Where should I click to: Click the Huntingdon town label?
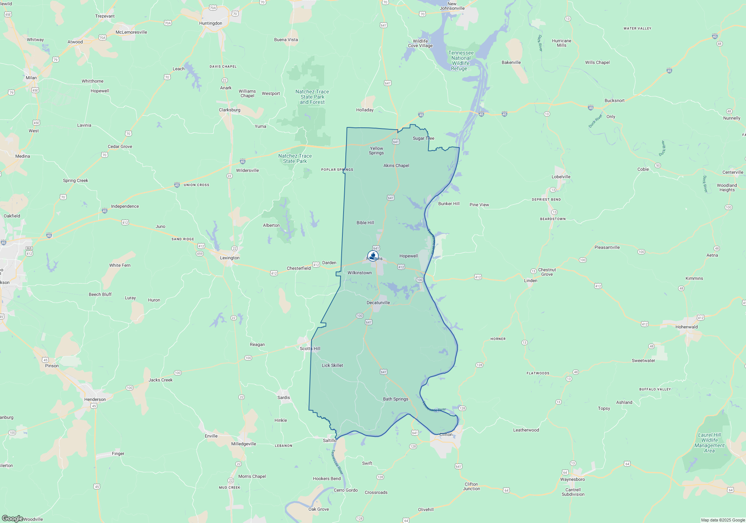[x=210, y=23]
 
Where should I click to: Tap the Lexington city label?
[x=230, y=258]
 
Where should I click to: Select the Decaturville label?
[x=378, y=303]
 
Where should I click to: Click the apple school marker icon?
[x=373, y=256]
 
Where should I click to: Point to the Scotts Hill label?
[x=310, y=349]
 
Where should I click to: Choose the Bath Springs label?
[x=395, y=399]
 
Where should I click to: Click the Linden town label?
[x=530, y=281]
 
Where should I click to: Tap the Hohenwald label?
[x=686, y=327]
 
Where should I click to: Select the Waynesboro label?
[x=572, y=479]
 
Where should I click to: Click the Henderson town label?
[x=95, y=399]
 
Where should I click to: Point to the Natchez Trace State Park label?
[x=295, y=159]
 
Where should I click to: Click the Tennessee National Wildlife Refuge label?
[x=461, y=61]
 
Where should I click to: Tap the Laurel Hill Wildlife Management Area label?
[x=709, y=443]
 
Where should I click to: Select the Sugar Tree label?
[x=423, y=138]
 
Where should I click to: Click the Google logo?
[x=12, y=519]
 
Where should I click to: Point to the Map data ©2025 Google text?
[x=723, y=520]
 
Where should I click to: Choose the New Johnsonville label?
[x=452, y=6]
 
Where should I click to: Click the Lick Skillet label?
[x=332, y=365]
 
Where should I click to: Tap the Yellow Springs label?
[x=376, y=151]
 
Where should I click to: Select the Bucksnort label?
[x=614, y=100]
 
